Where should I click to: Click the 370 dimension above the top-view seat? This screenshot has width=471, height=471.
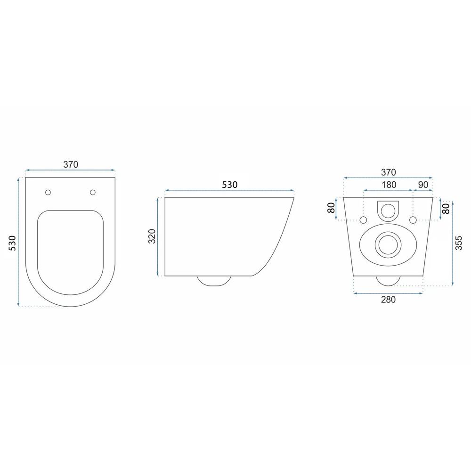(x=70, y=164)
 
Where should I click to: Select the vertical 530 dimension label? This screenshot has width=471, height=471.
(x=13, y=242)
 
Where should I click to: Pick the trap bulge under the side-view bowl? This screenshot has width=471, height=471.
(x=214, y=281)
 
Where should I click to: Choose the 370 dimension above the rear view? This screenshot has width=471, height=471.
(x=389, y=171)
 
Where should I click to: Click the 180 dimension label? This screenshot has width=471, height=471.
(x=389, y=185)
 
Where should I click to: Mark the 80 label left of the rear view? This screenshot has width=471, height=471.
(x=332, y=208)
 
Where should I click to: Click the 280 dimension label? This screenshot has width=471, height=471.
(x=388, y=300)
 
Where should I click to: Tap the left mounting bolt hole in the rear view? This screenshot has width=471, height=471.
(x=363, y=220)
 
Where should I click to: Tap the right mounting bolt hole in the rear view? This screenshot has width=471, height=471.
(x=413, y=220)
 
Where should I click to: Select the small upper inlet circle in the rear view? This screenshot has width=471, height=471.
(x=388, y=211)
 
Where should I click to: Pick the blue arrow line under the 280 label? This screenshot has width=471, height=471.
(x=388, y=293)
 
